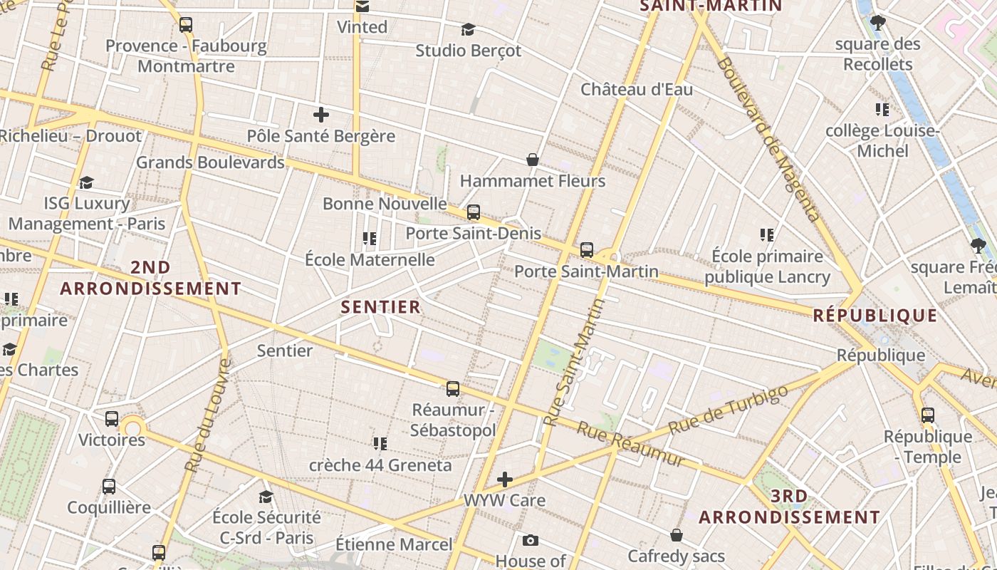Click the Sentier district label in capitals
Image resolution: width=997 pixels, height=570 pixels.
click(x=381, y=307)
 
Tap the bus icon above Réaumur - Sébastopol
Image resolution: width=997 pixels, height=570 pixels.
click(x=453, y=389)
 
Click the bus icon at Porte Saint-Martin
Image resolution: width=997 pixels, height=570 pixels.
click(x=587, y=250)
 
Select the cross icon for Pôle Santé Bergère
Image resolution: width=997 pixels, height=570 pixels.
click(x=321, y=114)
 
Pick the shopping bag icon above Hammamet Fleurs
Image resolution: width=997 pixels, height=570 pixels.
click(x=532, y=159)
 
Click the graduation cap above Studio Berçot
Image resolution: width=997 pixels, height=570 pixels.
click(x=468, y=29)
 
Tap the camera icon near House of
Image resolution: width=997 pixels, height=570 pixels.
click(x=530, y=540)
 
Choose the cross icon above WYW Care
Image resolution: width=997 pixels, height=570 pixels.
click(x=505, y=479)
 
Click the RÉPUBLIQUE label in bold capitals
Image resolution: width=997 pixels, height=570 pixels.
click(x=875, y=315)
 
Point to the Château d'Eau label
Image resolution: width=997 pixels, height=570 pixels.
click(x=637, y=90)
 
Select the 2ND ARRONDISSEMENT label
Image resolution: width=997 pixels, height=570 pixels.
click(x=151, y=278)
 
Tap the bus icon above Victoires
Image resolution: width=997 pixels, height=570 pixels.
click(x=112, y=419)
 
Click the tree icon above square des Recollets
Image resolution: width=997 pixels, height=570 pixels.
click(x=878, y=23)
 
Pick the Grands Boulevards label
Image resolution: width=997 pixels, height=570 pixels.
click(x=210, y=162)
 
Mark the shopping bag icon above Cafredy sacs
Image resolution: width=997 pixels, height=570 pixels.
click(x=677, y=534)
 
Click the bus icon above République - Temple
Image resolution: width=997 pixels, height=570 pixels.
click(x=927, y=415)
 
